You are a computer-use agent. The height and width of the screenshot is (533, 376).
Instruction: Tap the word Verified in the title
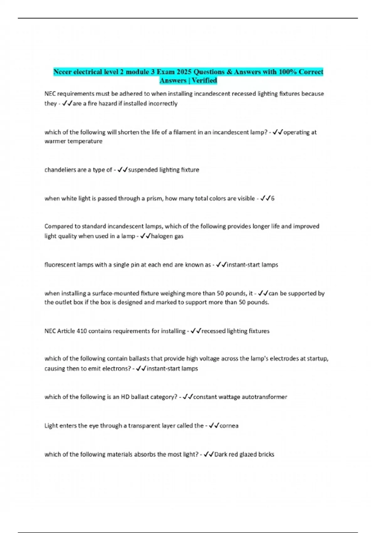pyautogui.click(x=204, y=81)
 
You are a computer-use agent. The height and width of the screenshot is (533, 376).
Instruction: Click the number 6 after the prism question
pyautogui.click(x=273, y=198)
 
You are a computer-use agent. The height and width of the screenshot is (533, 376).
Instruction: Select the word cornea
pyautogui.click(x=229, y=426)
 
